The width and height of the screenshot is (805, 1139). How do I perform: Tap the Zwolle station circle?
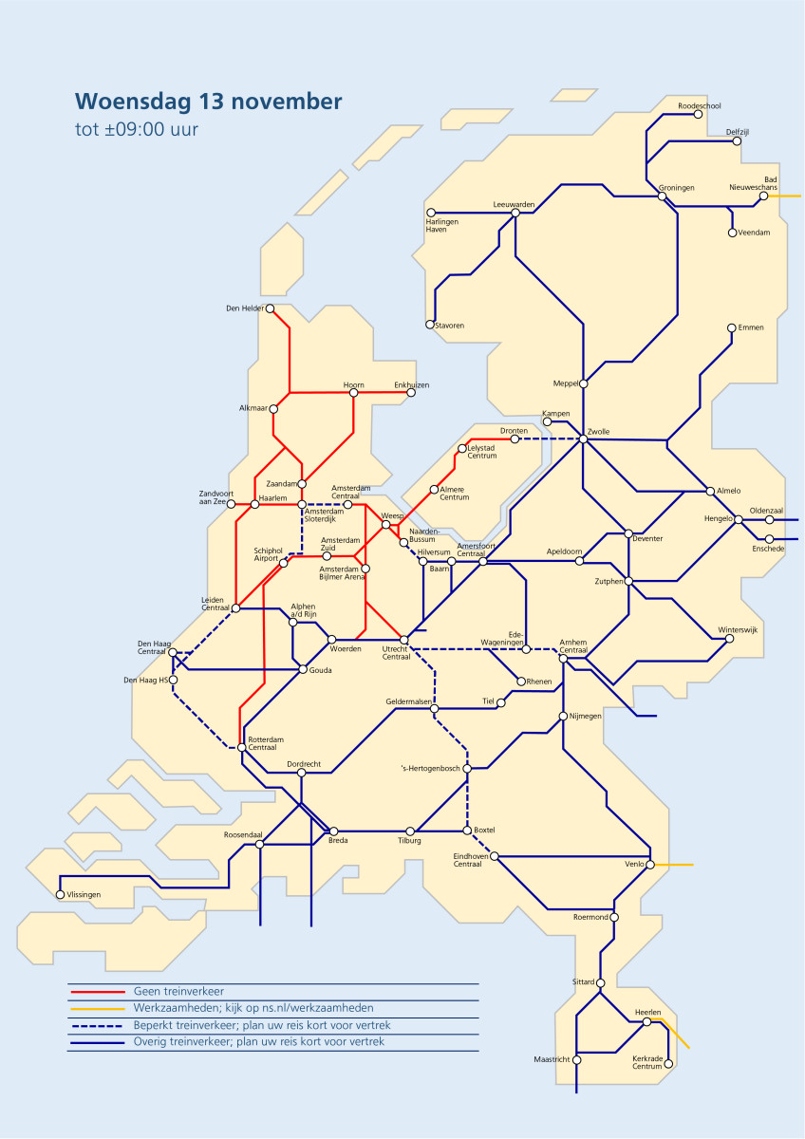(584, 439)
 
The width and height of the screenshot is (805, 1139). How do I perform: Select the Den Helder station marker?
(270, 308)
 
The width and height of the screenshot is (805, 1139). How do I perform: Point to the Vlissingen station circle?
(60, 894)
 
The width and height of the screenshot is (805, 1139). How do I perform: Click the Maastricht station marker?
(576, 1060)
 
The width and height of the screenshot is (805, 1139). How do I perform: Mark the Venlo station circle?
(651, 864)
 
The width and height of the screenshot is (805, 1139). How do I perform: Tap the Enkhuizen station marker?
(411, 392)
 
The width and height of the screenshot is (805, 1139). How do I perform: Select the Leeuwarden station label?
(514, 205)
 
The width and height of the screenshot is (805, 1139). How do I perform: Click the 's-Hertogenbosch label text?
(429, 768)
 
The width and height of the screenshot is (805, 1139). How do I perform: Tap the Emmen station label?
(750, 327)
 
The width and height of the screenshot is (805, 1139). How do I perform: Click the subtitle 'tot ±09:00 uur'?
(137, 130)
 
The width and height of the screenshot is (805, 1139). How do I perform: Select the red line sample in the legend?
(98, 991)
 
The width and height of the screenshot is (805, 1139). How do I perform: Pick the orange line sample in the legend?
(98, 1008)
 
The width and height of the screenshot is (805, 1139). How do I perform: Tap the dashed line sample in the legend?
(98, 1026)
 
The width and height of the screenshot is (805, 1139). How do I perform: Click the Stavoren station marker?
(430, 325)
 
